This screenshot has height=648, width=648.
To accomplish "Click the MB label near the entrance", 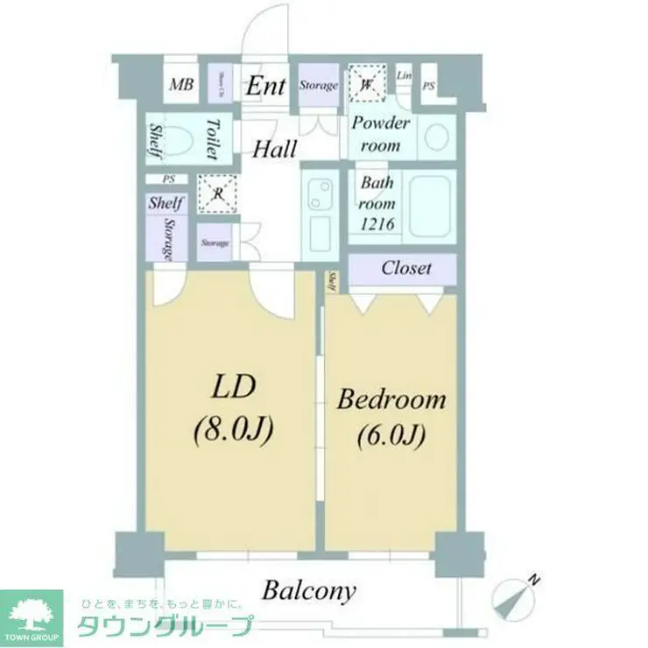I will click(x=181, y=85).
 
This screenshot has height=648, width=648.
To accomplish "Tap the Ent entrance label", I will click(x=265, y=86).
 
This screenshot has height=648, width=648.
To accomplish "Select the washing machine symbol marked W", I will click(x=365, y=85).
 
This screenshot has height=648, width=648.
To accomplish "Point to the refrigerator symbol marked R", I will click(x=216, y=194).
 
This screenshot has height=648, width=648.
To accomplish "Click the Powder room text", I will click(x=381, y=134).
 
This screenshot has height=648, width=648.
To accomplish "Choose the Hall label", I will click(x=274, y=149).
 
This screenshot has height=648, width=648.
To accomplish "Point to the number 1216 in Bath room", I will click(x=378, y=224).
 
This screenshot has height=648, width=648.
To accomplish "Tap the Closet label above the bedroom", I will click(x=405, y=268).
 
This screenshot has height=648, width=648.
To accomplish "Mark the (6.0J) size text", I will click(x=391, y=436).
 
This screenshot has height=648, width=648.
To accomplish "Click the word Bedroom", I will click(x=391, y=401).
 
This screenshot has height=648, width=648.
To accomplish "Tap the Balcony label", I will click(x=309, y=591).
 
